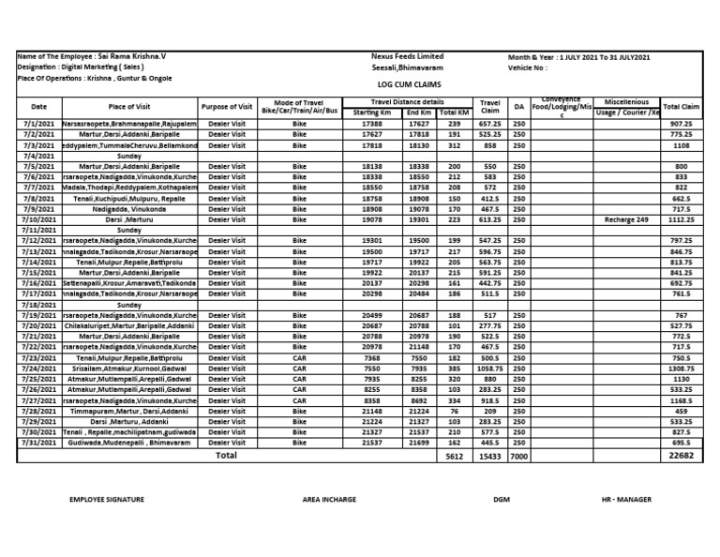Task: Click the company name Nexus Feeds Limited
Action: click(407, 56)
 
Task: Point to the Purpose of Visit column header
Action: click(226, 107)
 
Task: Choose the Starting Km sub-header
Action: click(372, 113)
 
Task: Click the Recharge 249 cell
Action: click(628, 219)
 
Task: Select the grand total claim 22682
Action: click(682, 456)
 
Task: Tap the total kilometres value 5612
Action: click(455, 457)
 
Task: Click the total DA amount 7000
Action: click(519, 457)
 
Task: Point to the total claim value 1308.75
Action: click(682, 369)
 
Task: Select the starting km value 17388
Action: click(372, 123)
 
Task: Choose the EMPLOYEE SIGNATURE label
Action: click(107, 500)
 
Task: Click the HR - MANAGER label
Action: click(626, 500)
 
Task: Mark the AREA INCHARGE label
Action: click(329, 500)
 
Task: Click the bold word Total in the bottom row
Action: click(226, 455)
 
